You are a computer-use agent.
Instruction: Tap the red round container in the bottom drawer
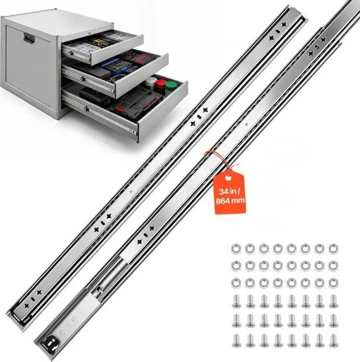pos(160,84)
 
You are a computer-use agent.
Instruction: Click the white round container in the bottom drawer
pos(151,81)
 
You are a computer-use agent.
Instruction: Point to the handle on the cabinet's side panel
pos(29,39)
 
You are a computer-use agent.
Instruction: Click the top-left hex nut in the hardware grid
pos(236,249)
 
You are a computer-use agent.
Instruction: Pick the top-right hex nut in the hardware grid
pos(333,249)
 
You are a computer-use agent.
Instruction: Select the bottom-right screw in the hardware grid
pos(334,340)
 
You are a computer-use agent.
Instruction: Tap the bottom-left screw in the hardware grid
pos(236,340)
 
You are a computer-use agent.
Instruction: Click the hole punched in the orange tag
pos(228,179)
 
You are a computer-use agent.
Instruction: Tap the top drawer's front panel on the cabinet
pos(117,50)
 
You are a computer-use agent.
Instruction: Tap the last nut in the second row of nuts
pos(333,266)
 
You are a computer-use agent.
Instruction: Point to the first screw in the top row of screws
pos(236,301)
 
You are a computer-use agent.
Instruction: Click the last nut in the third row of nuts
pos(333,283)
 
